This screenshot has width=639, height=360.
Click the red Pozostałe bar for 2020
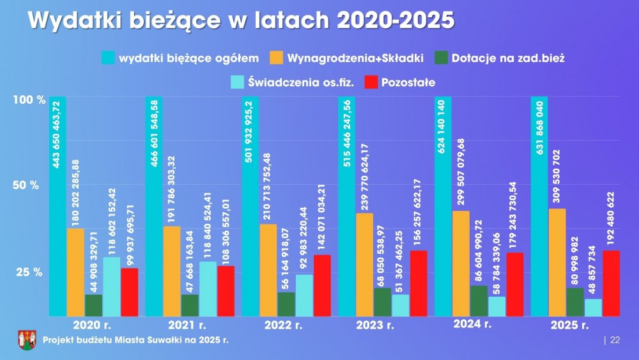[x=130, y=292]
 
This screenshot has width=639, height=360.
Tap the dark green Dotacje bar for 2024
[x=479, y=301]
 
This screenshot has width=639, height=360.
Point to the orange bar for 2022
[x=268, y=270]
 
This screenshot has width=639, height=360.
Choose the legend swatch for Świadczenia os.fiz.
[x=238, y=82]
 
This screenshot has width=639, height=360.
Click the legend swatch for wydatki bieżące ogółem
[x=107, y=58]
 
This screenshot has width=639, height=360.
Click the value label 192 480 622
[x=611, y=210]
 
